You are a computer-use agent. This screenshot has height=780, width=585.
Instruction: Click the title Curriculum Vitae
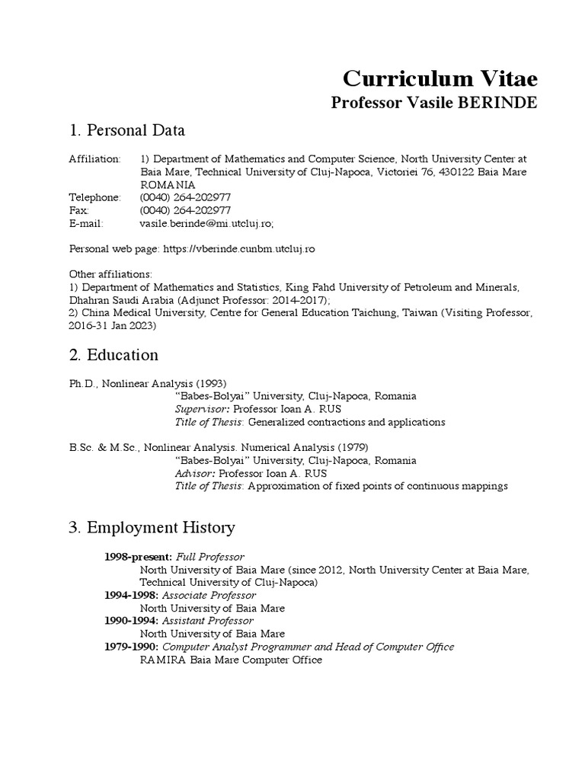440,78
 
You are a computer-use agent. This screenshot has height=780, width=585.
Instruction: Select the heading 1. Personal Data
126,130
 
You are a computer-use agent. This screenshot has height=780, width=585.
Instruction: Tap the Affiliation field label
94,158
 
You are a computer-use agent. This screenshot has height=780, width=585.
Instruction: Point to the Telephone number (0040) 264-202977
186,197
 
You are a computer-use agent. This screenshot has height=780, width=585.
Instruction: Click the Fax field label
78,210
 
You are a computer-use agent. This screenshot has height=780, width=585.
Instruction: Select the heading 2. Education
113,355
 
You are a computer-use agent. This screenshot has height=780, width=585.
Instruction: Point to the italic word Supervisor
201,408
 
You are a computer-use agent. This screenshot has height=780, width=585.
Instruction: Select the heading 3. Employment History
152,527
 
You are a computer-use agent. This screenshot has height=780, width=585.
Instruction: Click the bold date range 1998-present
134,557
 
